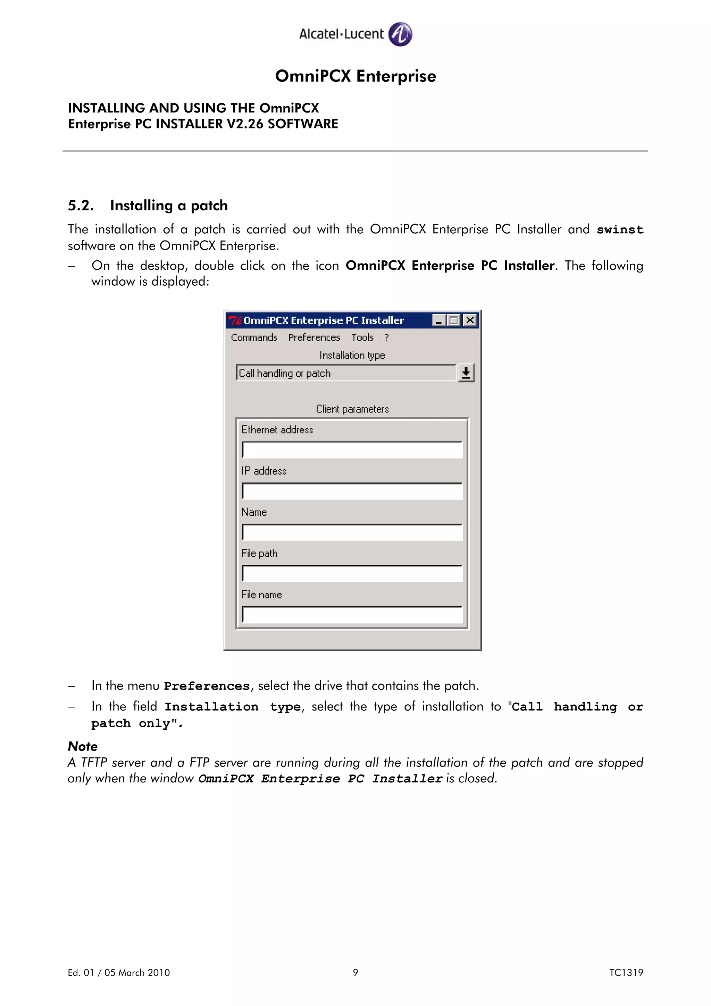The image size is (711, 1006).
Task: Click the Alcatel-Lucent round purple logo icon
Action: click(400, 34)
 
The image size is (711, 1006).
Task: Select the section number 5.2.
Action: click(81, 206)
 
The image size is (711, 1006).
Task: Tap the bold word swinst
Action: click(619, 229)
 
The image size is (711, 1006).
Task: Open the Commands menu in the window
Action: click(254, 337)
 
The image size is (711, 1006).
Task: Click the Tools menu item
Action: click(362, 337)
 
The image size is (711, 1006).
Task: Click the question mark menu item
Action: click(386, 337)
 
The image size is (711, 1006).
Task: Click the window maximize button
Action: click(454, 320)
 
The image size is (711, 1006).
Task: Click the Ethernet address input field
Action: click(352, 450)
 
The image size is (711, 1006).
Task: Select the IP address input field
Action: click(352, 491)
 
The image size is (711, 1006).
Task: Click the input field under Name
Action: click(352, 533)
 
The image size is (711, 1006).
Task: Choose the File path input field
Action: click(352, 573)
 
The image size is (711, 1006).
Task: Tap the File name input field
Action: click(352, 615)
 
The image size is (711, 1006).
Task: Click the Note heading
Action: click(83, 746)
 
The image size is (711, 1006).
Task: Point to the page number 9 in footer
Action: click(355, 972)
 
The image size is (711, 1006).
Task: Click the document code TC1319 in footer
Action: click(626, 972)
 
